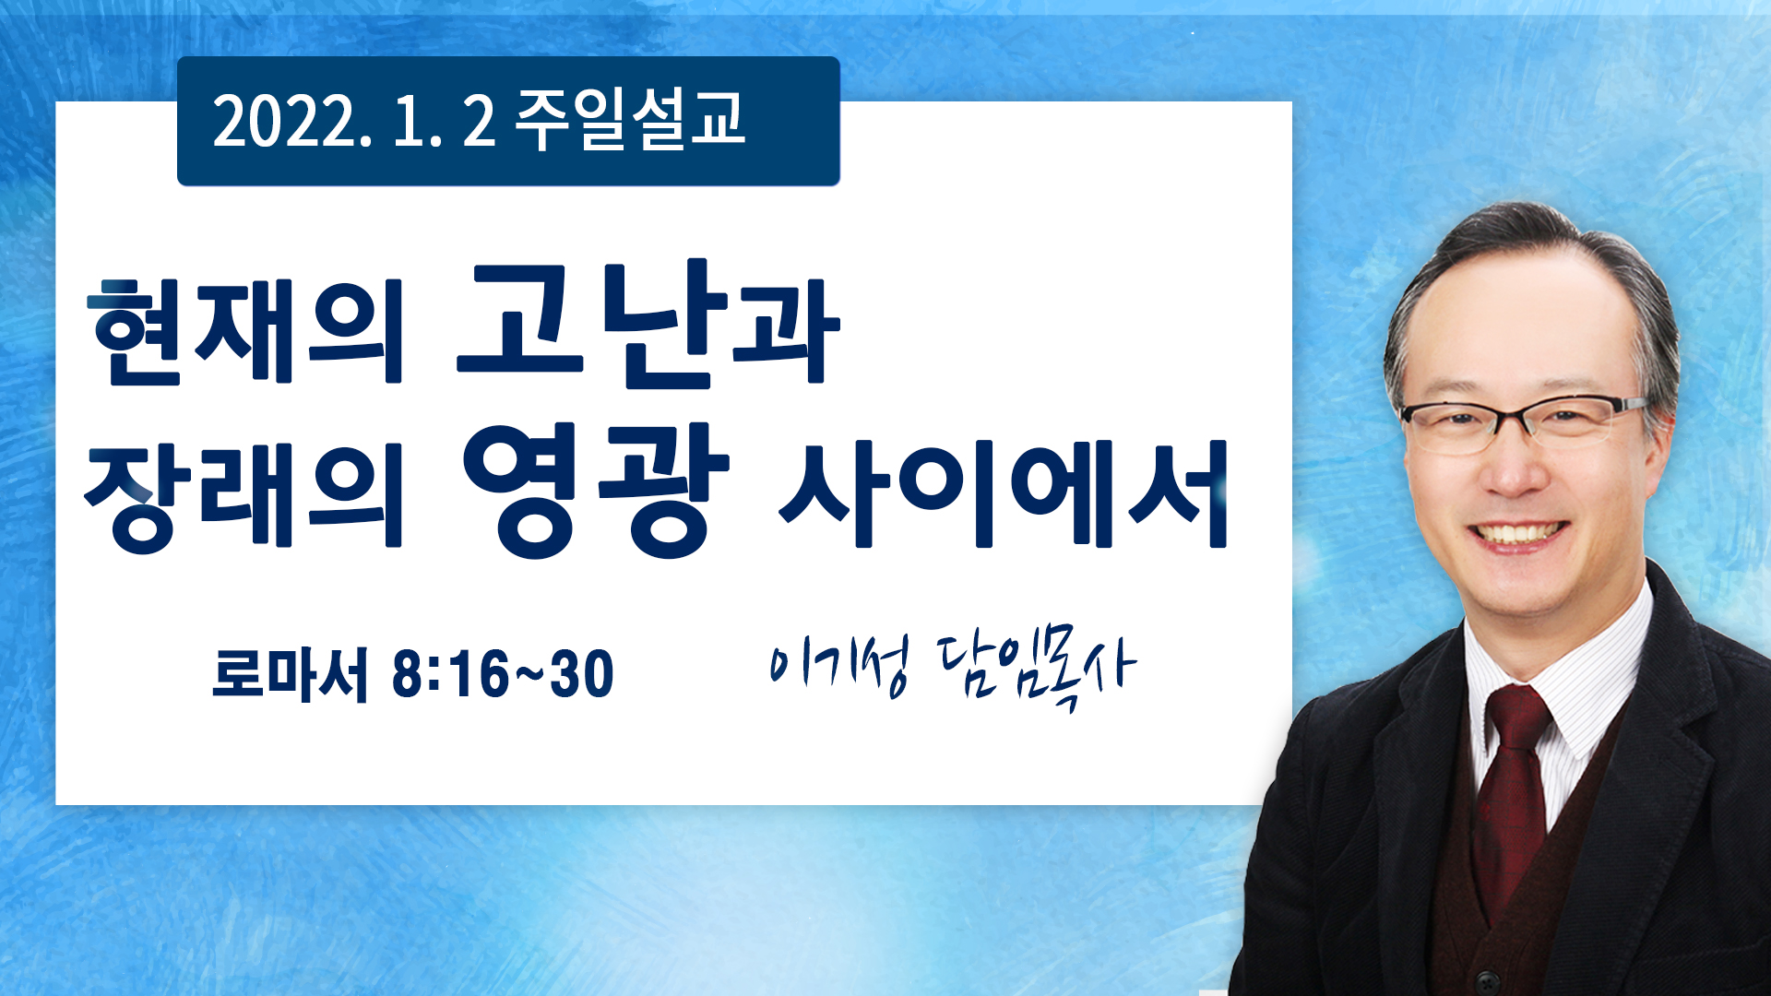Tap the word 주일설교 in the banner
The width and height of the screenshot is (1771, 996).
[x=630, y=120]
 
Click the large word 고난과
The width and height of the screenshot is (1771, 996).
[x=648, y=325]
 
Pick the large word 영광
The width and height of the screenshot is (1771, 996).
[x=595, y=490]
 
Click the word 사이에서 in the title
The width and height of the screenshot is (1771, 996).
[x=1004, y=494]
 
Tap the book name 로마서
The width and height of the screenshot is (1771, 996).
[x=290, y=674]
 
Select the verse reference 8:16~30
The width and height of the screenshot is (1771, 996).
[x=503, y=674]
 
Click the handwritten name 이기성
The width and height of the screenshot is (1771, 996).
[x=839, y=664]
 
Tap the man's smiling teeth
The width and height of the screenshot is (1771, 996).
[x=1518, y=533]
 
